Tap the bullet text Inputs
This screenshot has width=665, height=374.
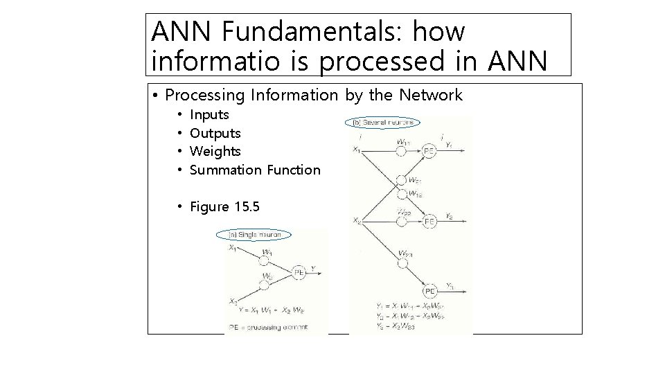tap(209, 114)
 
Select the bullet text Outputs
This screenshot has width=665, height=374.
tap(215, 133)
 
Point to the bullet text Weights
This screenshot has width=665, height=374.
tap(215, 151)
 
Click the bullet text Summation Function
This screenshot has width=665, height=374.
tap(255, 170)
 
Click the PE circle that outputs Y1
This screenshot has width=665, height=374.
tap(429, 152)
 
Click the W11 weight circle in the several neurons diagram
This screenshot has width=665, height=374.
tap(400, 153)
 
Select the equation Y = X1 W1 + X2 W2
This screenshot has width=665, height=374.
tap(267, 310)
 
